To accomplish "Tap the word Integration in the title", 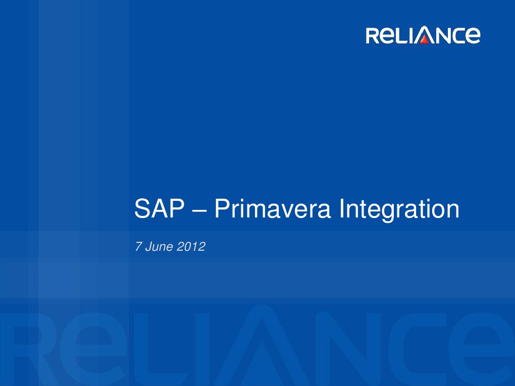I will pyautogui.click(x=399, y=209).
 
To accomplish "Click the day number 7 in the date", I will pyautogui.click(x=138, y=247).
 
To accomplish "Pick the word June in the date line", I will pyautogui.click(x=159, y=247).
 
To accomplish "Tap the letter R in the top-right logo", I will pyautogui.click(x=374, y=36).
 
